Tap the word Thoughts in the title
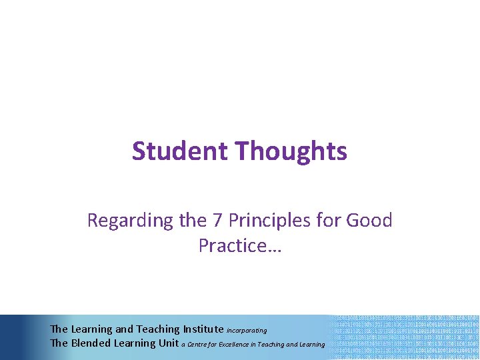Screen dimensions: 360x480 click(x=291, y=151)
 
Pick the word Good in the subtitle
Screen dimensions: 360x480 click(x=369, y=220)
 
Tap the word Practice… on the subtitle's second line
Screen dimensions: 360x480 click(x=240, y=246)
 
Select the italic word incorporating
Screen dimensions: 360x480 click(x=247, y=330)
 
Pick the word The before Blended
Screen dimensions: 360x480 click(x=59, y=343)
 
